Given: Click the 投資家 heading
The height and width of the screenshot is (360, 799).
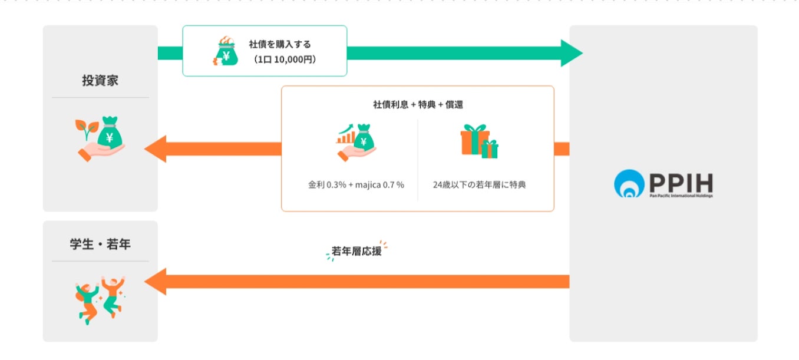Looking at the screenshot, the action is [100, 80].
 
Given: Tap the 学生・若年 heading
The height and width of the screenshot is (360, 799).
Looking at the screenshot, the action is [100, 244].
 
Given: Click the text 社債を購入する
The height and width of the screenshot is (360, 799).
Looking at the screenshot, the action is [279, 44].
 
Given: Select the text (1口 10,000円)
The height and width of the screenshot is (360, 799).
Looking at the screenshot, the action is [282, 59].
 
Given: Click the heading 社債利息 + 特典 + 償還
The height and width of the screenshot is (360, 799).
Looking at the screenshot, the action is [417, 104].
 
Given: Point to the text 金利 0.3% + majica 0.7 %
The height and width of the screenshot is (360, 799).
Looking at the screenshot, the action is [356, 184].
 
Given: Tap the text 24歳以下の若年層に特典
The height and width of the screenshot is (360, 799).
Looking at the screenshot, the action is [479, 184].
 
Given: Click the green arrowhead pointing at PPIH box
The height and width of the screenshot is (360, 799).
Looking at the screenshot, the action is [570, 53].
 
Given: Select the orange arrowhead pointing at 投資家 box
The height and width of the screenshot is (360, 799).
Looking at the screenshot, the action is [155, 148].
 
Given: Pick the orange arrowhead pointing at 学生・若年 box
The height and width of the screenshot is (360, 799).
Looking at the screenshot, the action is [155, 282].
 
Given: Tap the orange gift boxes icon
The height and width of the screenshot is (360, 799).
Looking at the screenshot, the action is [478, 141].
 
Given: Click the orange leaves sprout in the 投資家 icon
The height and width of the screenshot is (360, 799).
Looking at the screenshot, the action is [86, 126].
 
